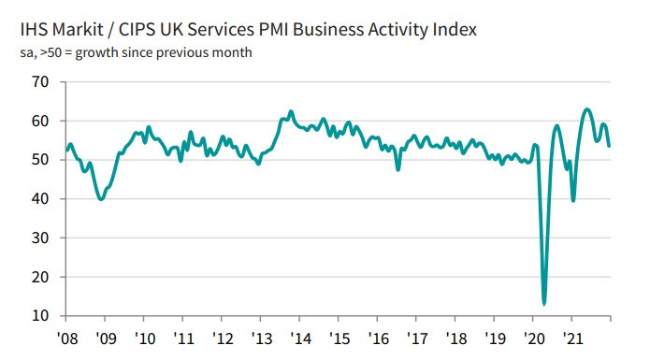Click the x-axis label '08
pos(66,337)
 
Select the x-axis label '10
pos(144,337)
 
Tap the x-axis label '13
pos(261,337)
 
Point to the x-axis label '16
pos(378,337)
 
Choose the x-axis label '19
pos(495,337)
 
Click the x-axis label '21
pos(572,337)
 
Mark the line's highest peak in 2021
pos(586,109)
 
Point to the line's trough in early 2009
pos(101,199)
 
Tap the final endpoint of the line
pos(610,146)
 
